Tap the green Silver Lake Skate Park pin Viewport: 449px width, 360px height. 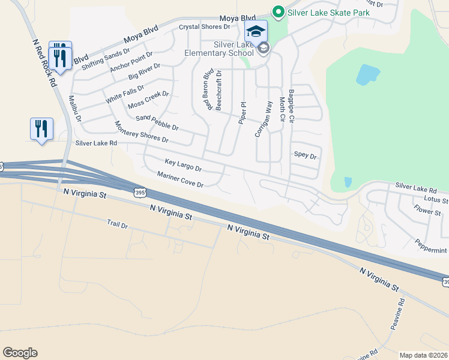pyautogui.click(x=278, y=11)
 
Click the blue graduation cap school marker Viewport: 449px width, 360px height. pyautogui.click(x=256, y=31)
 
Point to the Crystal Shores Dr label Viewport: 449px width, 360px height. pyautogui.click(x=205, y=27)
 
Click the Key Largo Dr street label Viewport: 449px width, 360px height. pyautogui.click(x=183, y=164)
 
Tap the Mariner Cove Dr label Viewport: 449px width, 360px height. pyautogui.click(x=180, y=179)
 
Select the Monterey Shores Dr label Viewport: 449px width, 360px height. pyautogui.click(x=141, y=132)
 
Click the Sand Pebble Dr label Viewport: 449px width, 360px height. pyautogui.click(x=157, y=123)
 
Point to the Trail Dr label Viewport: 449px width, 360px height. pyautogui.click(x=118, y=224)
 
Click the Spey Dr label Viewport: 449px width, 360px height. pyautogui.click(x=305, y=155)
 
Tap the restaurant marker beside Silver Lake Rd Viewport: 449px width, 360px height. pyautogui.click(x=41, y=129)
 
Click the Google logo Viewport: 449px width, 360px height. pyautogui.click(x=20, y=353)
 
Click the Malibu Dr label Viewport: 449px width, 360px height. pyautogui.click(x=74, y=109)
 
